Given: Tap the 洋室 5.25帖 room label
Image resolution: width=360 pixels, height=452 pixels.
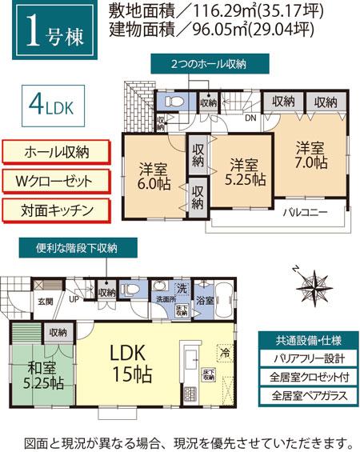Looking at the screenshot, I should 244,172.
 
